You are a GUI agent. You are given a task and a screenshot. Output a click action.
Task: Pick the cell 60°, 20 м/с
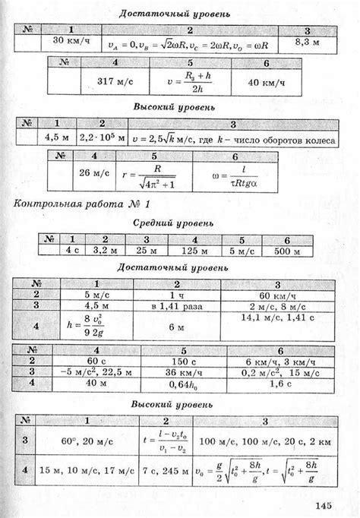point(87,441)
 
